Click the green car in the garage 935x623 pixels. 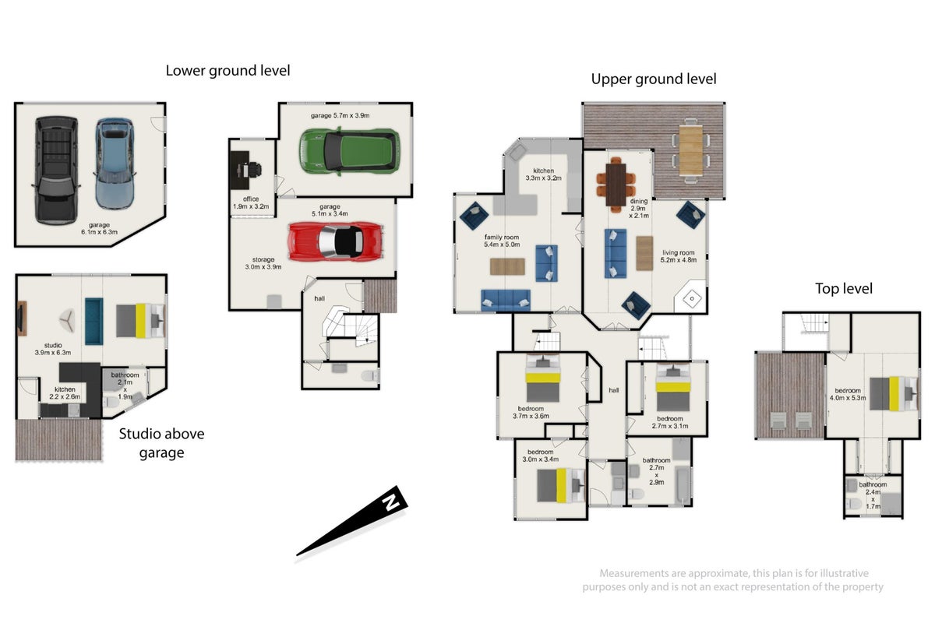pyautogui.click(x=349, y=150)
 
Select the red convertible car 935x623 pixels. pyautogui.click(x=336, y=241)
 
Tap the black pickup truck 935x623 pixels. pyautogui.click(x=56, y=170)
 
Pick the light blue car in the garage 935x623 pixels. pyautogui.click(x=115, y=164)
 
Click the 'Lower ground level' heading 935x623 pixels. pyautogui.click(x=228, y=71)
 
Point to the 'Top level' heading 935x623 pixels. pyautogui.click(x=844, y=288)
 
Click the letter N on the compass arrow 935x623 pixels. pyautogui.click(x=391, y=502)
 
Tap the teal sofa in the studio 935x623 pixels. pyautogui.click(x=94, y=322)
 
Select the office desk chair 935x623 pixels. pyautogui.click(x=253, y=170)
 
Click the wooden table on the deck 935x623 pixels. pyautogui.click(x=690, y=150)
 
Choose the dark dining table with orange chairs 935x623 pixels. pyautogui.click(x=616, y=185)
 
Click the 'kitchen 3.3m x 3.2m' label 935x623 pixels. pyautogui.click(x=544, y=174)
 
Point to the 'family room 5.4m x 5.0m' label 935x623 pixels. pyautogui.click(x=502, y=241)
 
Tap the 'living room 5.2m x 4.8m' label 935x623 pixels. pyautogui.click(x=679, y=256)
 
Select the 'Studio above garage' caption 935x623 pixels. pyautogui.click(x=161, y=443)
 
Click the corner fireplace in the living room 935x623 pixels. pyautogui.click(x=691, y=297)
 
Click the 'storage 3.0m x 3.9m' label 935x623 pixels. pyautogui.click(x=263, y=263)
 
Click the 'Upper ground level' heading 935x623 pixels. pyautogui.click(x=654, y=79)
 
